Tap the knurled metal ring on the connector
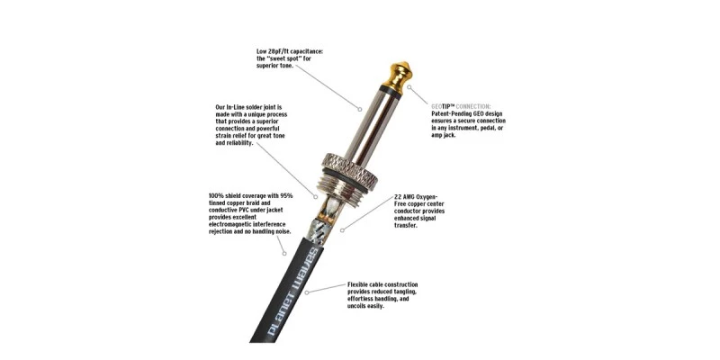tap(347, 170)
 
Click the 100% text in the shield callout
tap(216, 195)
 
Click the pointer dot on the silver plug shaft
tap(360, 109)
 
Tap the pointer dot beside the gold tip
tap(409, 85)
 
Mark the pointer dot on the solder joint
tap(316, 197)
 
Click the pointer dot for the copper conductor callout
tap(341, 230)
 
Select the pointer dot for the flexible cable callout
tap(306, 292)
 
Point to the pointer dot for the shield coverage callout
tap(284, 253)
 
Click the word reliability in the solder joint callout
tap(238, 143)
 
